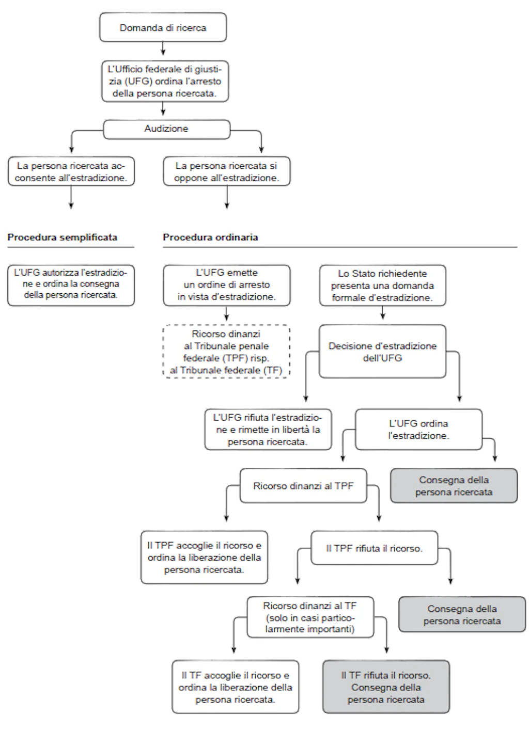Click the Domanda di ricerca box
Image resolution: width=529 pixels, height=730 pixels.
[163, 27]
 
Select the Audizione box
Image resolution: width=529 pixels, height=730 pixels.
[167, 130]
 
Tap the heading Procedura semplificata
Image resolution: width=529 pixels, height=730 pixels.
[63, 237]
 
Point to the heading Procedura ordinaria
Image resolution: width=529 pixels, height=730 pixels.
[210, 237]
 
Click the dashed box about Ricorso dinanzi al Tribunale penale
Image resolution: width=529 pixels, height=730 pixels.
[226, 352]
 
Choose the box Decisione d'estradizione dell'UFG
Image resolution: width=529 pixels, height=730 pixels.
[383, 352]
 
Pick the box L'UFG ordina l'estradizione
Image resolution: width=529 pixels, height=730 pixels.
[419, 430]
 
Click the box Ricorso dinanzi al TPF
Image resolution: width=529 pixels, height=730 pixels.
[303, 486]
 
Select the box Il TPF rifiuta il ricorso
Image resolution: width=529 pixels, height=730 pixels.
[375, 548]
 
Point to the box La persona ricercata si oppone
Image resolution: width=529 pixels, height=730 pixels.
[227, 171]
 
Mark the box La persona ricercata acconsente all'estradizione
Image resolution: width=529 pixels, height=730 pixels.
[71, 171]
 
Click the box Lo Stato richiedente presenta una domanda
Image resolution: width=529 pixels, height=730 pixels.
[383, 285]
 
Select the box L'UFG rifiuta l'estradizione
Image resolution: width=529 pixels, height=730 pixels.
[268, 430]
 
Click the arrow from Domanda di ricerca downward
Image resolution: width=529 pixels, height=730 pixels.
[163, 48]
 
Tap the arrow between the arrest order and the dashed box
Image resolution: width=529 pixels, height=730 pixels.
[227, 313]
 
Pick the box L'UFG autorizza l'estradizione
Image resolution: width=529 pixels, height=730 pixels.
[71, 285]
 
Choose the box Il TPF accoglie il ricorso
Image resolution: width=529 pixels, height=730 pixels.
[204, 558]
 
